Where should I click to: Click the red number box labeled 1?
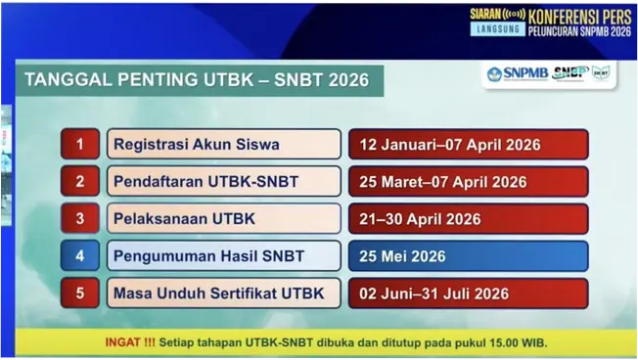[80, 145]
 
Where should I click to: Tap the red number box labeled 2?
[80, 182]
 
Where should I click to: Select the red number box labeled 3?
[80, 219]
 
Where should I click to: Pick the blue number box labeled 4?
[80, 256]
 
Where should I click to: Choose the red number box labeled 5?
[80, 293]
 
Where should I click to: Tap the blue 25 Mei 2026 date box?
[468, 256]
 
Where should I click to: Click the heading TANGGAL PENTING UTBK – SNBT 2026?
[197, 80]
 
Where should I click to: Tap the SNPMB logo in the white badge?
[516, 73]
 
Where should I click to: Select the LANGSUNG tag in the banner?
[497, 30]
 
